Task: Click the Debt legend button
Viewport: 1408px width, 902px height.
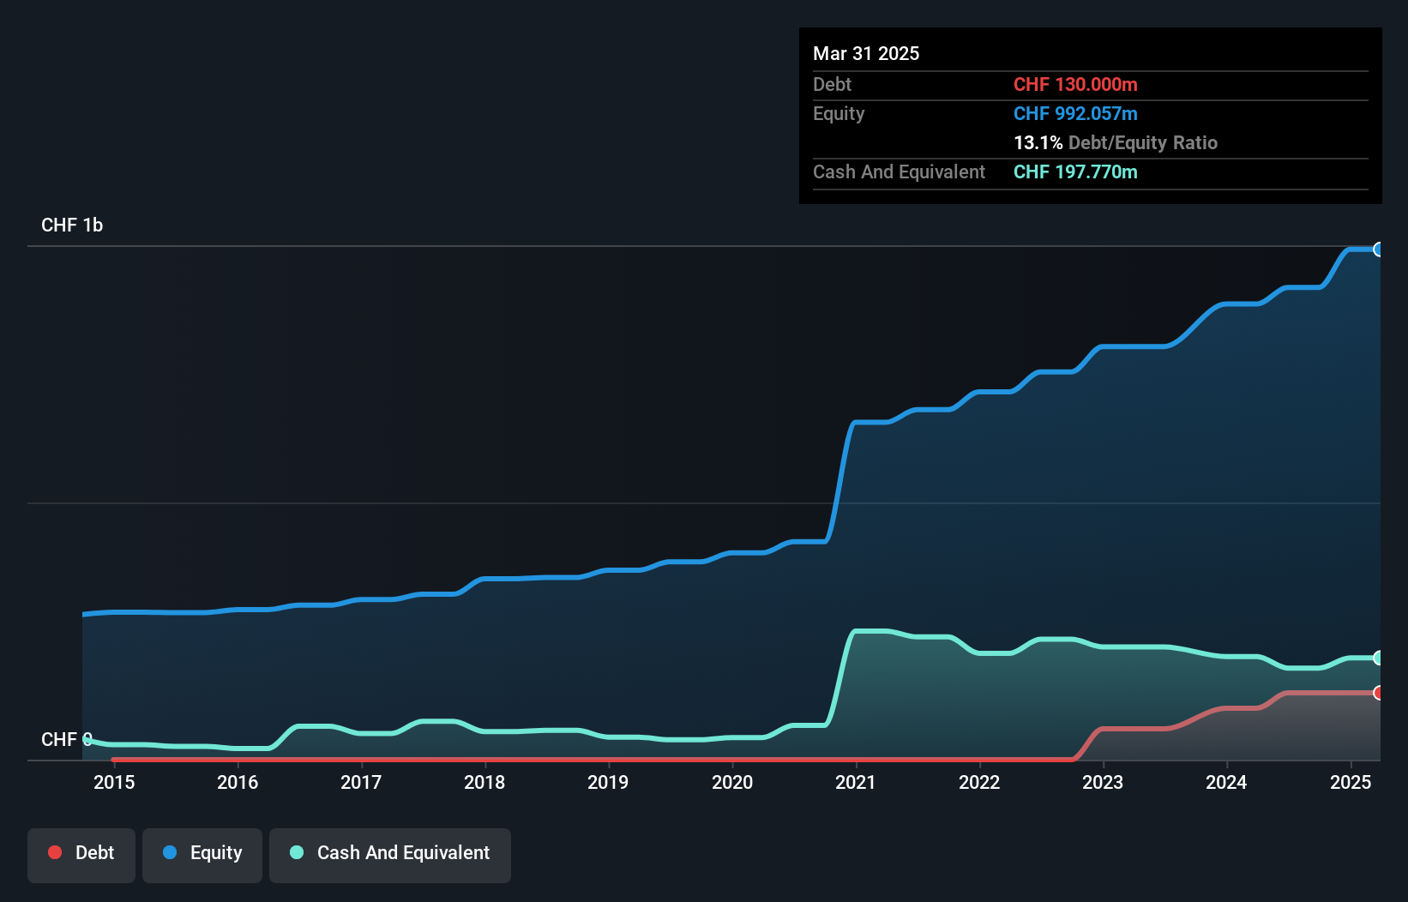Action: click(81, 854)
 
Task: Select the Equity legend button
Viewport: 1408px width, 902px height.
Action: click(202, 854)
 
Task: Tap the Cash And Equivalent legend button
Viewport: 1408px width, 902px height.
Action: click(390, 854)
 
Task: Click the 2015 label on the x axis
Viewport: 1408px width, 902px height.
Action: click(114, 782)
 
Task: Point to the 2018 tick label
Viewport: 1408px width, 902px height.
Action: click(484, 782)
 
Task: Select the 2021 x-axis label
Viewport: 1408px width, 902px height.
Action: click(855, 782)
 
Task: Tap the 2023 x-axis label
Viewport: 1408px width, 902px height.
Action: click(1103, 782)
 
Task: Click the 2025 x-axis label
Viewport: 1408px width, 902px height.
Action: click(1350, 782)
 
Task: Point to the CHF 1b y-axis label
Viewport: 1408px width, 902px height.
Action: click(72, 225)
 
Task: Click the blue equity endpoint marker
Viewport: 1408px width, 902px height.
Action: click(1378, 250)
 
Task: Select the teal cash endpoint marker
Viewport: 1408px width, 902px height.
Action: click(1378, 658)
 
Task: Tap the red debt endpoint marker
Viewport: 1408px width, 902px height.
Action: click(1378, 693)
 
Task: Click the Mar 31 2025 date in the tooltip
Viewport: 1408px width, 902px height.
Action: click(866, 54)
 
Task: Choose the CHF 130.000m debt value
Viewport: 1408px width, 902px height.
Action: click(1075, 85)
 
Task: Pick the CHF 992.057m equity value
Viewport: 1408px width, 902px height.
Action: click(1075, 114)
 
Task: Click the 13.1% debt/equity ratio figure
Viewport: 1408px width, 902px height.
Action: click(1038, 143)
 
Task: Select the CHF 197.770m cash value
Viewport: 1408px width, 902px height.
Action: click(1075, 172)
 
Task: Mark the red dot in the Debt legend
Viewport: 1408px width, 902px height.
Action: click(55, 852)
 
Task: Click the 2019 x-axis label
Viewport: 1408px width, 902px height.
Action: click(608, 782)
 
